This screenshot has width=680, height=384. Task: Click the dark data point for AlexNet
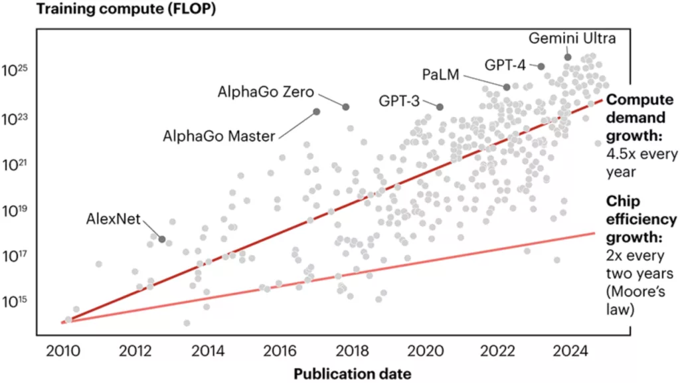tap(162, 239)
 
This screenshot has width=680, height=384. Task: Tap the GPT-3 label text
tap(399, 102)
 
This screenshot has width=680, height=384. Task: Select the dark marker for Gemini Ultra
tap(568, 57)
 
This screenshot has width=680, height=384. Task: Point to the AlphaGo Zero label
tap(265, 92)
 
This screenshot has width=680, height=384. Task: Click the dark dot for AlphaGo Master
tap(317, 112)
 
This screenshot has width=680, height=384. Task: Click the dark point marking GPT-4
tap(541, 66)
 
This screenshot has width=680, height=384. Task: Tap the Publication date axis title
tap(353, 373)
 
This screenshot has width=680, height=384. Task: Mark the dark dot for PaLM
tap(507, 87)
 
